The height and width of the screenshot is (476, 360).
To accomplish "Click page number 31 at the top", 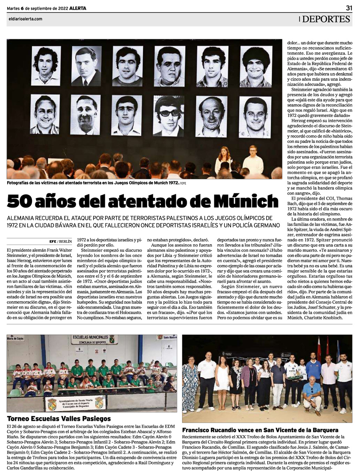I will click(349, 8).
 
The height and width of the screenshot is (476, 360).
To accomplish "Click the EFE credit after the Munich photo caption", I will click(183, 183).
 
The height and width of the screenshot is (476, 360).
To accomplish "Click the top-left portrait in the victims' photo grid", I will click(45, 66).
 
